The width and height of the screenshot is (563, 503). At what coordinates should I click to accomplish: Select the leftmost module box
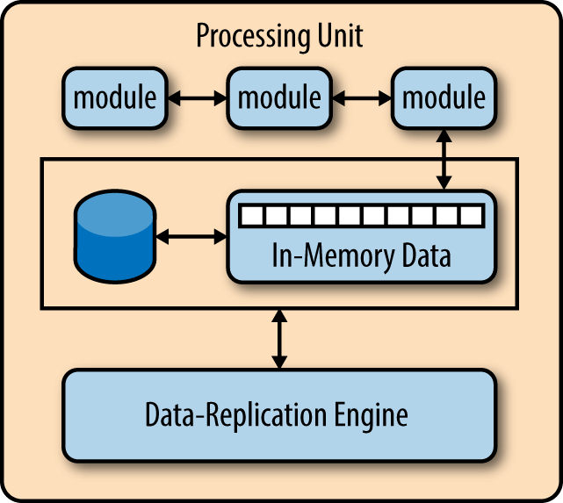(x=115, y=97)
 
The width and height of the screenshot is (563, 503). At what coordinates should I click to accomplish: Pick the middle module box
(x=279, y=97)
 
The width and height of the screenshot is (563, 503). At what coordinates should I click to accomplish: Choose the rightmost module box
(x=443, y=97)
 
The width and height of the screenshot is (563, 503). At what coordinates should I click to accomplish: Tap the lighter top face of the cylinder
(x=114, y=212)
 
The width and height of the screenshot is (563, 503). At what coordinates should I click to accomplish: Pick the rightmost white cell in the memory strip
(x=472, y=215)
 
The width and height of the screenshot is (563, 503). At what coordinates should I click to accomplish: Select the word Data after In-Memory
(x=419, y=257)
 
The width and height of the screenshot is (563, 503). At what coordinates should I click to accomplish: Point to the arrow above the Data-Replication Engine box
(x=279, y=339)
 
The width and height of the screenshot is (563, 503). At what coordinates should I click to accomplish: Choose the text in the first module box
(x=115, y=97)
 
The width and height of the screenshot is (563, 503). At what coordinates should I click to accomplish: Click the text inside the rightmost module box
(x=443, y=97)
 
